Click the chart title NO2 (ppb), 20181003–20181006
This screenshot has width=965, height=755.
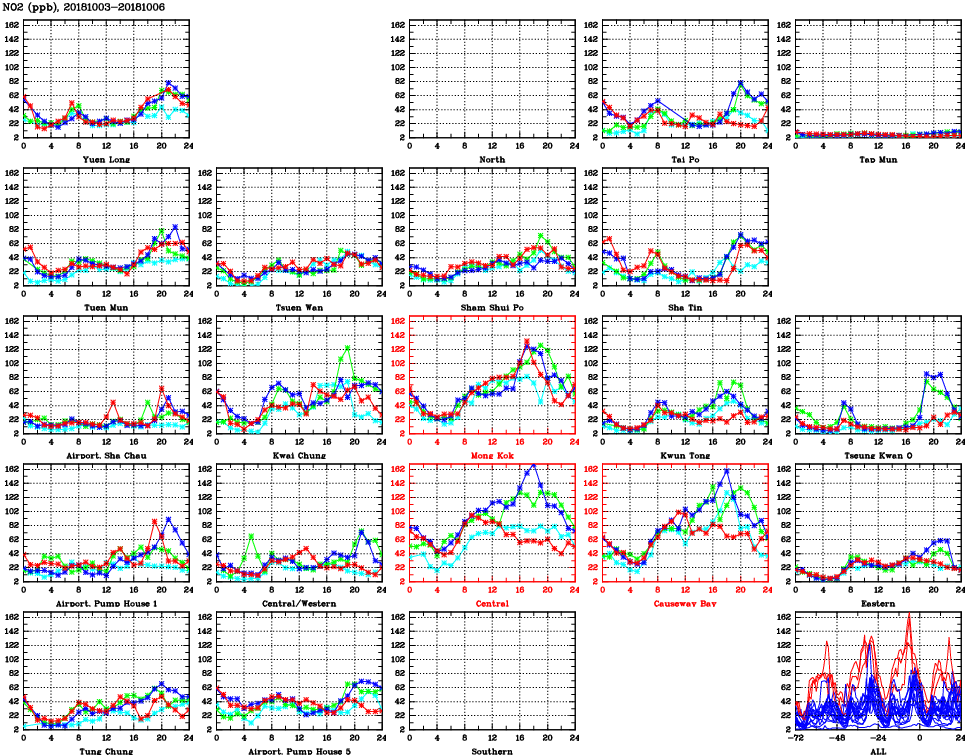click(x=83, y=7)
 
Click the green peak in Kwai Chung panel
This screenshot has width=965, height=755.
click(x=347, y=348)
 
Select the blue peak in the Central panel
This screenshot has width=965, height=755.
click(x=534, y=465)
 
